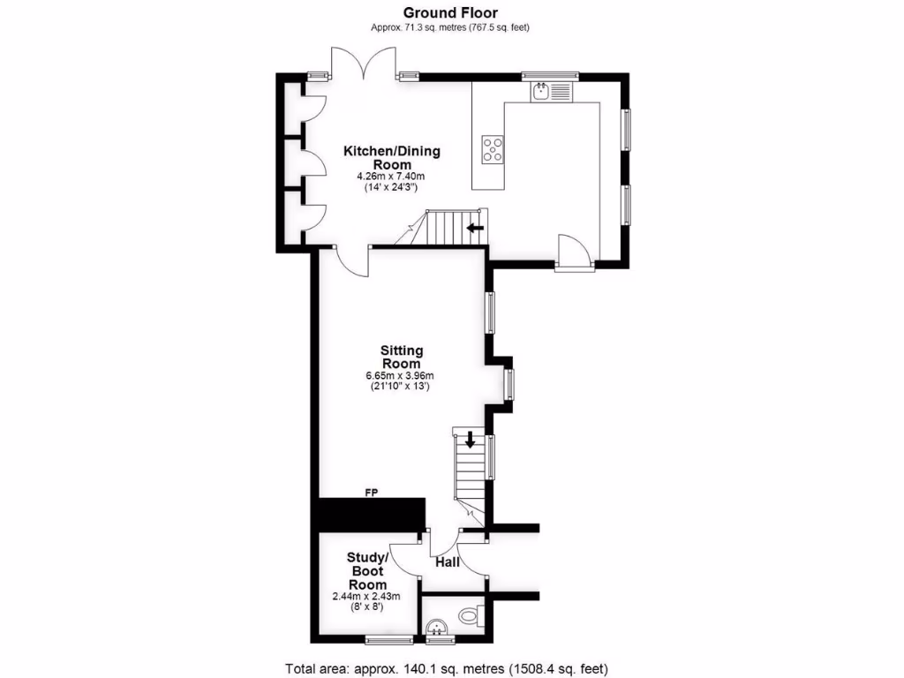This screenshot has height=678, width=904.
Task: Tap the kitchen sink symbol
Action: tap(552, 90)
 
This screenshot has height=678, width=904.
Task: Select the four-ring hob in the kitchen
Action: tap(493, 150)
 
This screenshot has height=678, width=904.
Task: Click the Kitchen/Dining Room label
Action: tap(391, 157)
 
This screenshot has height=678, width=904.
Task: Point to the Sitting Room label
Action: tap(401, 357)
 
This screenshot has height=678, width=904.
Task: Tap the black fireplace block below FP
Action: tap(371, 514)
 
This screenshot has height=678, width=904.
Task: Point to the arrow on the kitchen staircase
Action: tap(475, 230)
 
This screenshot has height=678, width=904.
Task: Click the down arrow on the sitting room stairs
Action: tap(470, 439)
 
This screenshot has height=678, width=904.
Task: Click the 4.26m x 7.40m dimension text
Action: tap(390, 177)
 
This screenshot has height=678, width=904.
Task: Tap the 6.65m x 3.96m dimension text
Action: tap(400, 375)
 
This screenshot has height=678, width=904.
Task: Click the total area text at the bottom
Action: tap(446, 667)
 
